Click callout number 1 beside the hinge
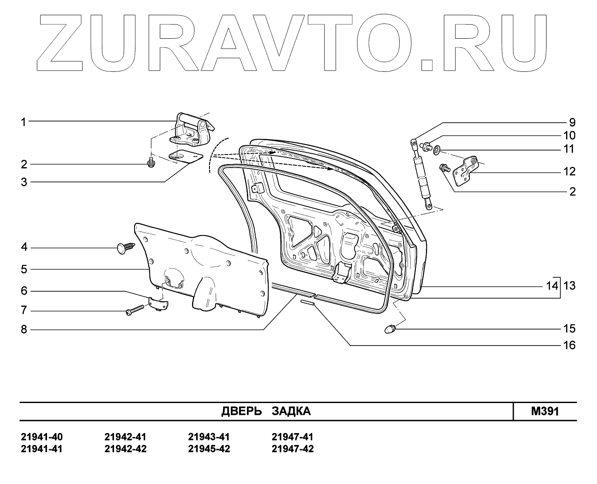24,122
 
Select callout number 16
569,345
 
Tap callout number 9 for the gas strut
572,122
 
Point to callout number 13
569,286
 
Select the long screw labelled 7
135,311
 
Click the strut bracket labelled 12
465,171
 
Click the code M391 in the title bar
544,411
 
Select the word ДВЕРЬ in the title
241,411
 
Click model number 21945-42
209,449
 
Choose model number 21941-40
42,437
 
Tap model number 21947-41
292,437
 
